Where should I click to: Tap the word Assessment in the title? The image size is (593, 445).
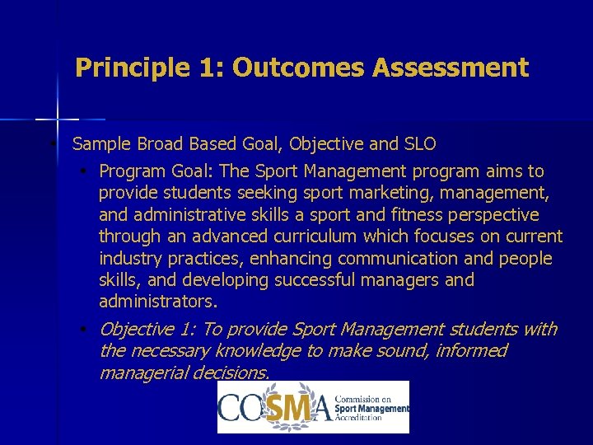click(450, 68)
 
